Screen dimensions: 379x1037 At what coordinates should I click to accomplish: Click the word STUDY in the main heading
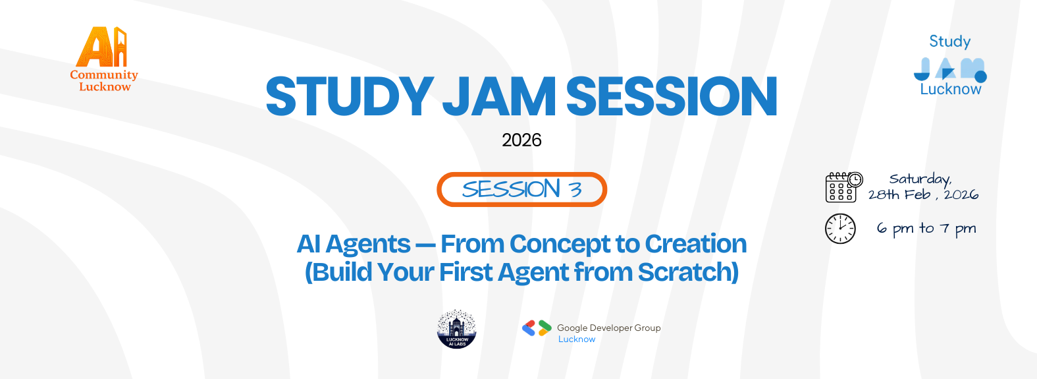[x=349, y=97]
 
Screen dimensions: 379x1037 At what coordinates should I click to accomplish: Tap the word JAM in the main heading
[x=499, y=97]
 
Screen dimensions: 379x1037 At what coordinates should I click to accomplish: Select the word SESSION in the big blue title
[x=672, y=97]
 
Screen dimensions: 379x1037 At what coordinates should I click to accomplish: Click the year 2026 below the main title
[x=521, y=140]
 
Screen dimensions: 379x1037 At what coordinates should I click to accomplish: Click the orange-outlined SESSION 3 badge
[x=521, y=190]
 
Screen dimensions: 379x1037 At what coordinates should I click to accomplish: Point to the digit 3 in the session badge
[x=575, y=190]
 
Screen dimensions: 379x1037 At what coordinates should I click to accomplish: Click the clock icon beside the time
[x=840, y=229]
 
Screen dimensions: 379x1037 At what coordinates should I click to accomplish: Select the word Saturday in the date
[x=920, y=179]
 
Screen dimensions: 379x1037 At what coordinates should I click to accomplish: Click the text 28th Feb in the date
[x=899, y=194]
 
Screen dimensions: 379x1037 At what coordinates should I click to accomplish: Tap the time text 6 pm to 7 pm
[x=926, y=229]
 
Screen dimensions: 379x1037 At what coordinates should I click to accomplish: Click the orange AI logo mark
[x=102, y=47]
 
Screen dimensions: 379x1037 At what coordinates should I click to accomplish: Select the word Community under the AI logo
[x=104, y=75]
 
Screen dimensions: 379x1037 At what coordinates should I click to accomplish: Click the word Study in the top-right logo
[x=949, y=42]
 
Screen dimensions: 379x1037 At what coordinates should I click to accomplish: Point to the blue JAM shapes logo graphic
[x=949, y=69]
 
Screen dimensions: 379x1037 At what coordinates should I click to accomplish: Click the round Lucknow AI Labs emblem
[x=457, y=329]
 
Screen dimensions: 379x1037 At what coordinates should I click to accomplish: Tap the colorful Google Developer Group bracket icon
[x=537, y=328]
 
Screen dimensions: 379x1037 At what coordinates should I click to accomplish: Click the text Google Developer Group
[x=608, y=328]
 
